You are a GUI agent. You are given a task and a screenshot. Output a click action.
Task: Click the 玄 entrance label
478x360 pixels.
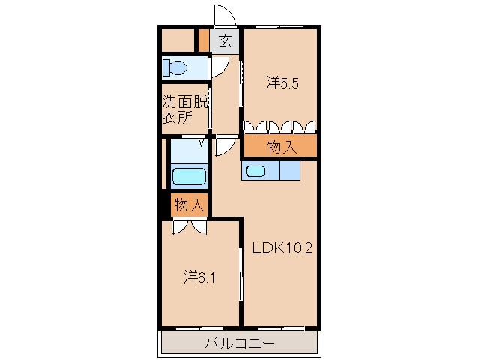tap(225, 40)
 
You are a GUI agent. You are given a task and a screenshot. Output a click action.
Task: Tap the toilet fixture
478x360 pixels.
tap(175, 68)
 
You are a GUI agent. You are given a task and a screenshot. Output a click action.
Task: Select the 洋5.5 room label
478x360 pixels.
tap(282, 84)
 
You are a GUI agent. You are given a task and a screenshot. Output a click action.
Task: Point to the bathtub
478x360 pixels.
tap(189, 177)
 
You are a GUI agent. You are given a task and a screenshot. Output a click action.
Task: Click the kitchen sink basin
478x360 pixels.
tap(256, 171)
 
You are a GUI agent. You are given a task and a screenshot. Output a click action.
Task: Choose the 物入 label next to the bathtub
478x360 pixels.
tap(189, 204)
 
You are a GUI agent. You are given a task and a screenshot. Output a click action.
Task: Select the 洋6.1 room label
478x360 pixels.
tap(200, 277)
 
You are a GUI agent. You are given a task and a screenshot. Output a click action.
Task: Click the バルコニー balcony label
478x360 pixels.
tap(240, 344)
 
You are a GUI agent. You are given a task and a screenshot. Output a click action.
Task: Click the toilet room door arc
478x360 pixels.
tap(220, 68)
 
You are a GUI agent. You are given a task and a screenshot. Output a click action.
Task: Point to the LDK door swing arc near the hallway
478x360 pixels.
tap(223, 145)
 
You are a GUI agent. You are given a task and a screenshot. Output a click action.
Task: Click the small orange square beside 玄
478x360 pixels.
tap(203, 40)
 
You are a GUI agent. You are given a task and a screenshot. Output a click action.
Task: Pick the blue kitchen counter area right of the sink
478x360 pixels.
tap(289, 171)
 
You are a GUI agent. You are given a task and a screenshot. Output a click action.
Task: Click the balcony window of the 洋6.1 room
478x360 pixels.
tap(199, 328)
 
